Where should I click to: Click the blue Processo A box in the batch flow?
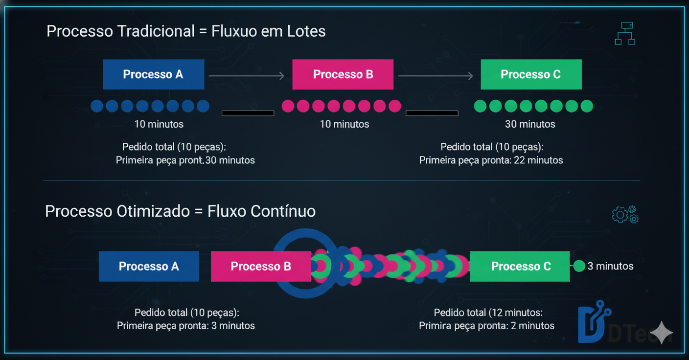(x=153, y=74)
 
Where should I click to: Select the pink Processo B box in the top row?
(x=343, y=74)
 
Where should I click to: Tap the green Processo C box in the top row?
(x=531, y=74)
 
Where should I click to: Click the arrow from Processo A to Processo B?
(x=247, y=75)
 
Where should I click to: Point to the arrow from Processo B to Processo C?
(x=436, y=75)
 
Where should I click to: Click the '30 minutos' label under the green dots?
(x=530, y=124)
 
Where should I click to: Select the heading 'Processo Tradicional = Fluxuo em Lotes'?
(x=186, y=31)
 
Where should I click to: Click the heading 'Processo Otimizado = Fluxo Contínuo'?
(x=180, y=211)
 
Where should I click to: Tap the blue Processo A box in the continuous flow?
(x=149, y=266)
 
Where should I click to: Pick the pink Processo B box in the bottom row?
(x=260, y=266)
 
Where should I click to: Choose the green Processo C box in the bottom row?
(x=520, y=266)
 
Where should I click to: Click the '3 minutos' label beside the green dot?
(x=610, y=266)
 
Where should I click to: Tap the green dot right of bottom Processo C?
(x=579, y=266)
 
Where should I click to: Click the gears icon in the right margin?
(x=625, y=214)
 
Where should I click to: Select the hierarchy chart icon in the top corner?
(x=624, y=34)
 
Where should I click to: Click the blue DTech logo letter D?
(x=591, y=324)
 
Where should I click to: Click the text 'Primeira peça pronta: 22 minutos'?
(x=491, y=160)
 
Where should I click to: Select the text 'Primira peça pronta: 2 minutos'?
(x=486, y=326)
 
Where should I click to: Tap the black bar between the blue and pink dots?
(x=248, y=113)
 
